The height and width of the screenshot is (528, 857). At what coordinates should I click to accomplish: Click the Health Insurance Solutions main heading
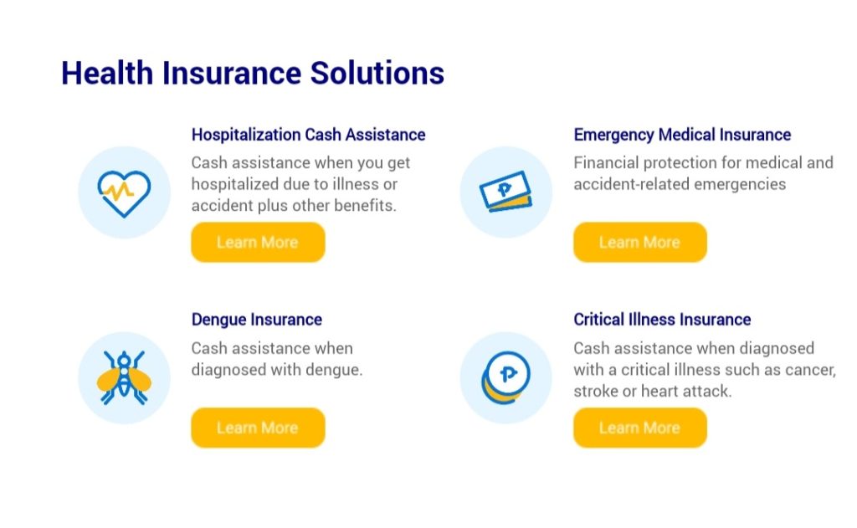coord(253,74)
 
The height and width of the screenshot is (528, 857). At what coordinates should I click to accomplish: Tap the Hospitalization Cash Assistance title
coord(308,135)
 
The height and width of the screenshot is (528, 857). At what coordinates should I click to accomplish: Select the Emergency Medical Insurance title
coord(682,135)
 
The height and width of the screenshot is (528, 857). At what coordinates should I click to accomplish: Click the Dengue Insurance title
coord(256,320)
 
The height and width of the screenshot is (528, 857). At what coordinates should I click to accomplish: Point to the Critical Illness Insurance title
coord(662,320)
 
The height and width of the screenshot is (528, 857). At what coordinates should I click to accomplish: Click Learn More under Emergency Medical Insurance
coord(640,242)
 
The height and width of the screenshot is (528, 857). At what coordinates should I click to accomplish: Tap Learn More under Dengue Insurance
coord(258,428)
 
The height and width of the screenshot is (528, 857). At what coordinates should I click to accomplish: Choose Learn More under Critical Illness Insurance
coord(640,428)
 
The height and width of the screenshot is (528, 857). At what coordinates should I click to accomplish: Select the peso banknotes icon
coord(506,192)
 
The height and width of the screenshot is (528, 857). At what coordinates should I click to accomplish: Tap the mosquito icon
coord(124,377)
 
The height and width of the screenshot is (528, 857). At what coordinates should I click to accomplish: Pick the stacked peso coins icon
coord(506,377)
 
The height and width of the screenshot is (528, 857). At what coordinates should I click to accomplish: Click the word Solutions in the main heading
coord(377,74)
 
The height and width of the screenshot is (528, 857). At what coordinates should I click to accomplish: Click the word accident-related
coord(624,184)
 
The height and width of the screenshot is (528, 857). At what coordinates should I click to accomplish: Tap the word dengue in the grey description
coord(333,370)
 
